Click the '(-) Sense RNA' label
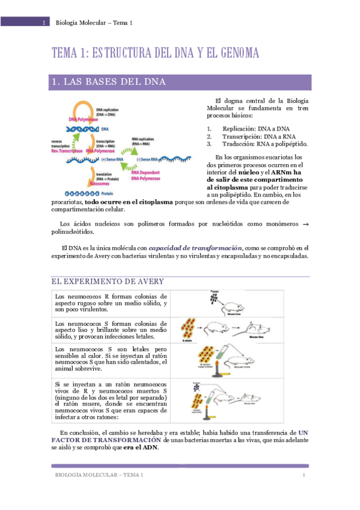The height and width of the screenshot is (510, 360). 146,159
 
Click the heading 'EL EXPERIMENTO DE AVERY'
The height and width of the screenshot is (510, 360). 107,281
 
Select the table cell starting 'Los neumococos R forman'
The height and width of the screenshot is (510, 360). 111,304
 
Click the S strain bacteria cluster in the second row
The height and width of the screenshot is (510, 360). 189,330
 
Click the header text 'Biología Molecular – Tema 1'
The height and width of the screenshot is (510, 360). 94,22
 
